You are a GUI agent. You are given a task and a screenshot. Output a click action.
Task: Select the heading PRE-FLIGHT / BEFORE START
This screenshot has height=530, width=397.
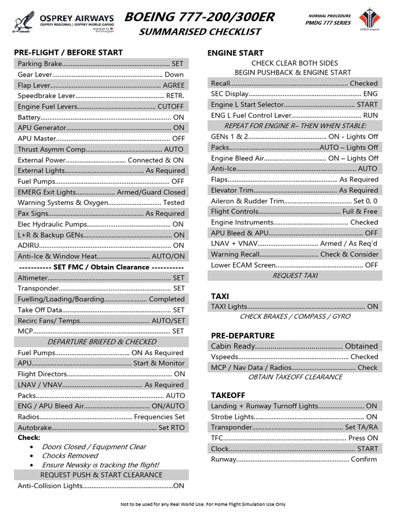click(68, 52)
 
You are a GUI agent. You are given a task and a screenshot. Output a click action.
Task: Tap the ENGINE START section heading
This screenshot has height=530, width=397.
click(235, 53)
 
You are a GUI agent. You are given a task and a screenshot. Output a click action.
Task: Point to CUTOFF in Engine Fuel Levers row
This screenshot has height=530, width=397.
click(171, 107)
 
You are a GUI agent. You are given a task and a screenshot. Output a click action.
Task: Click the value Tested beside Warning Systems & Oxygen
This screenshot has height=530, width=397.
click(174, 203)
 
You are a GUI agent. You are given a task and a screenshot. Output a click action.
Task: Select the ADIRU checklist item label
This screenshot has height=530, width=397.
click(28, 245)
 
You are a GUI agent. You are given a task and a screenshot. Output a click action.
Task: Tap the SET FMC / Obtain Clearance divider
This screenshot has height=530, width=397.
click(101, 267)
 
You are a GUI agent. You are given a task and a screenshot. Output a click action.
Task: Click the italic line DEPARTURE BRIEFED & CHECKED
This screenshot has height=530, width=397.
click(102, 342)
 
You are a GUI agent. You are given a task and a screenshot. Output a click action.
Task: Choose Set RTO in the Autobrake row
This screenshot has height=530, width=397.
click(171, 428)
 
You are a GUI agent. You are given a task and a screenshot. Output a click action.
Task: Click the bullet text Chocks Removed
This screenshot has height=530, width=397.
click(70, 455)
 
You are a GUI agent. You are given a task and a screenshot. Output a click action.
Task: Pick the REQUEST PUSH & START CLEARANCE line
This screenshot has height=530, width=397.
click(101, 475)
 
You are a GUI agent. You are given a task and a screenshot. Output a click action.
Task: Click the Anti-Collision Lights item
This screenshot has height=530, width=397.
click(50, 485)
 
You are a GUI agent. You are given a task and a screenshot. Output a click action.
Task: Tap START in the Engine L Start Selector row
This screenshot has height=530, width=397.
click(367, 105)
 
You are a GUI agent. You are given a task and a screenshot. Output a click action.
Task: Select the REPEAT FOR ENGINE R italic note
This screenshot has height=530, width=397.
click(295, 126)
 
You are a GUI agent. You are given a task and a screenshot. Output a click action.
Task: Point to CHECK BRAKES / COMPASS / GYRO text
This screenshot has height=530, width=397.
click(295, 316)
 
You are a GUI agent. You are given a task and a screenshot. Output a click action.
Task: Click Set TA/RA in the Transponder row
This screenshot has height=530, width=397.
click(361, 428)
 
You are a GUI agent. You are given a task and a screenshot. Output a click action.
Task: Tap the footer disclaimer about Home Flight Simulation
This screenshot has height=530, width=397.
click(203, 504)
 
